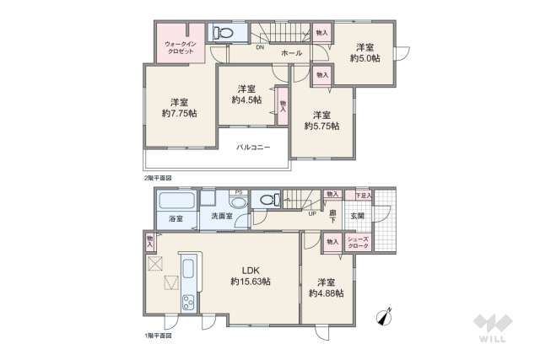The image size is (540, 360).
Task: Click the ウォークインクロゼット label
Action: tap(180, 46)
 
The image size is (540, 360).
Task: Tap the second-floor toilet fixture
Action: tap(222, 33)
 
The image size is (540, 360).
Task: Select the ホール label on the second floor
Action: tap(291, 53)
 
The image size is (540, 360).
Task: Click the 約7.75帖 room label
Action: tap(180, 105)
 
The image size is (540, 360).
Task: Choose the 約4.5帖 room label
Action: tap(246, 94)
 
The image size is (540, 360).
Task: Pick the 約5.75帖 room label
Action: tap(321, 120)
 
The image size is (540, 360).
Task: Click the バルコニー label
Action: tap(252, 148)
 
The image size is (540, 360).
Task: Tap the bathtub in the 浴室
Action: tap(176, 202)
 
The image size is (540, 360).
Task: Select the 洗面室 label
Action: tap(222, 218)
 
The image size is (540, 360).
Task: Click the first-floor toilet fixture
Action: tap(267, 201)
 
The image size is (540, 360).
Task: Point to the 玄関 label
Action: tap(358, 216)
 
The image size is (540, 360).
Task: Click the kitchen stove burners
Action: tap(186, 302)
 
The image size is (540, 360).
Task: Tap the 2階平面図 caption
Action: tap(157, 178)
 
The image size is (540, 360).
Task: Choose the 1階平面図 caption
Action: tap(157, 336)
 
